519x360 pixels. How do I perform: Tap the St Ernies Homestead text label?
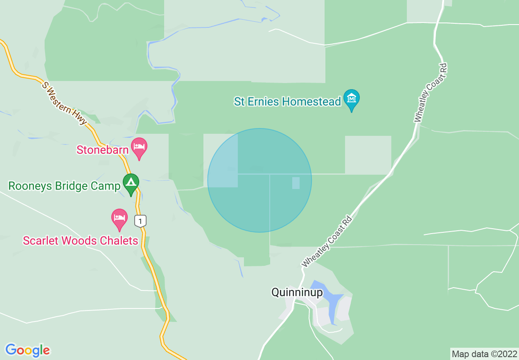point(287,101)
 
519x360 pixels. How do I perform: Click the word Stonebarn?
point(103,150)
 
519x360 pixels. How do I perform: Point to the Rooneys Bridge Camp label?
point(64,186)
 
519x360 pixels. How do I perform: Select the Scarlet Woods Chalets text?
point(81,241)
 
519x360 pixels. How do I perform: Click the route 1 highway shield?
point(140,221)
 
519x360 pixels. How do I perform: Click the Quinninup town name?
point(297,292)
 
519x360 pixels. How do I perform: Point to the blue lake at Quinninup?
point(327,299)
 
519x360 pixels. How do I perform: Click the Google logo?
point(28,350)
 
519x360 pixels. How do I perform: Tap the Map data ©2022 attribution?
point(484,354)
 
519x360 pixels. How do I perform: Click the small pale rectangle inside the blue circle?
point(296,183)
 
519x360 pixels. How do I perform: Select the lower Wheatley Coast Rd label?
point(327,241)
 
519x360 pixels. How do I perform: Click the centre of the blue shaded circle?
point(259,180)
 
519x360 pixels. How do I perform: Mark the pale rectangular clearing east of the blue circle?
point(368,155)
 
